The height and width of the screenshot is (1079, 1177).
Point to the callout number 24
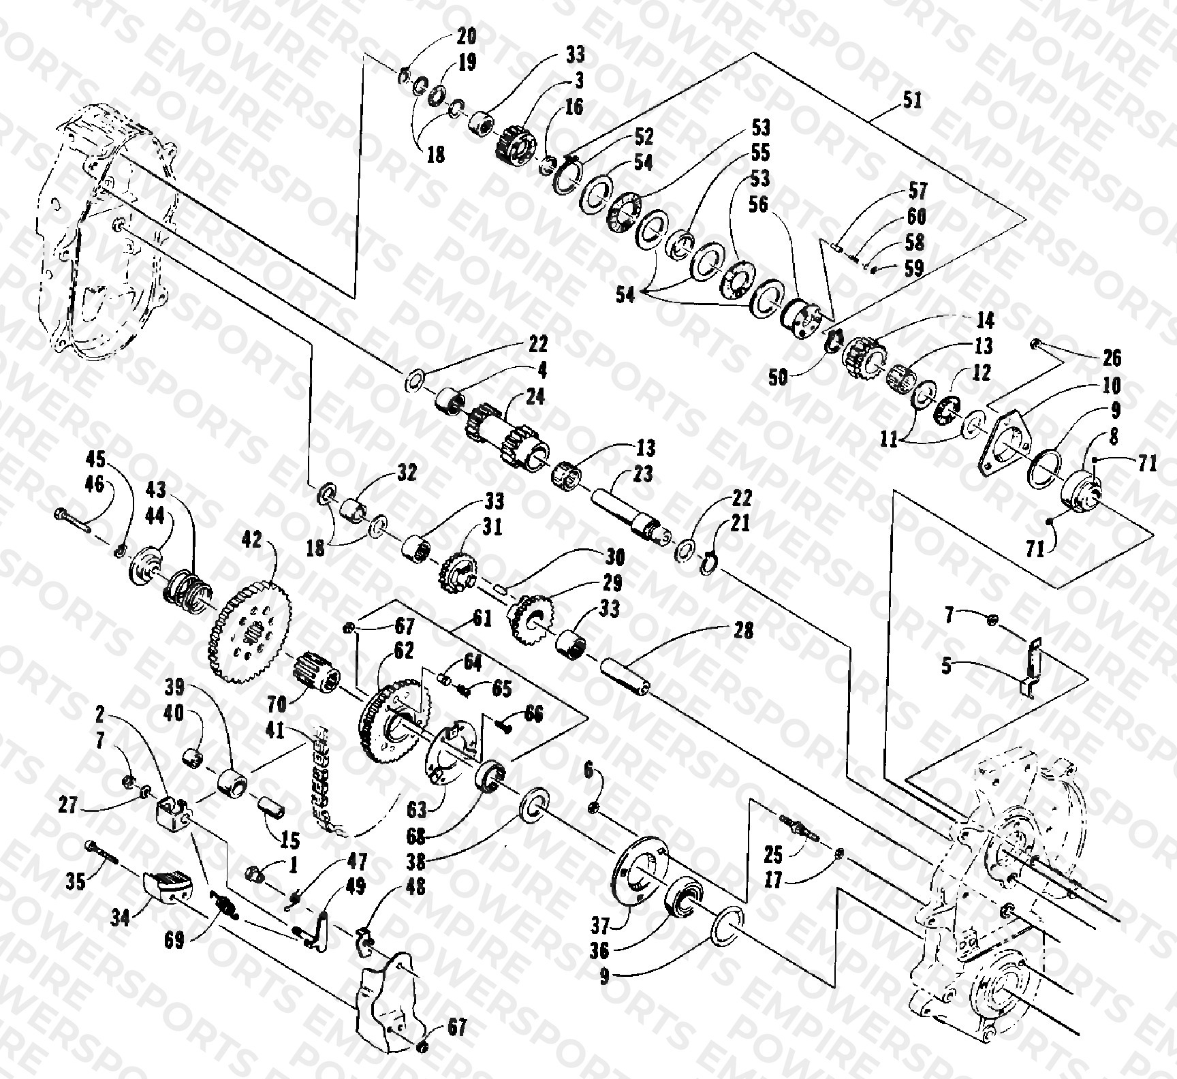click(x=535, y=396)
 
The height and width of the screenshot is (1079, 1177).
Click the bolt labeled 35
click(x=102, y=851)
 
